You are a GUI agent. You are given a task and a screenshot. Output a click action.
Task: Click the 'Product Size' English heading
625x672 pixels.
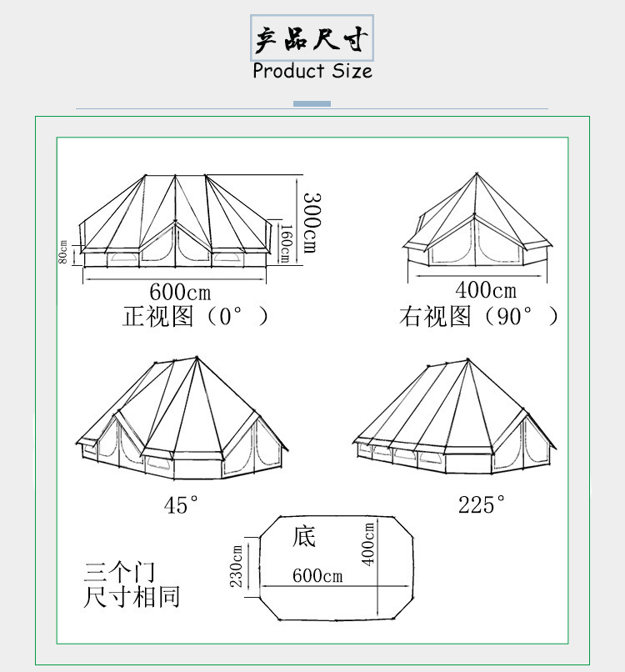[x=312, y=71]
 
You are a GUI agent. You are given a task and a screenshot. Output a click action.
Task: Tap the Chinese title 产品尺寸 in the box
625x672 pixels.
[x=312, y=39]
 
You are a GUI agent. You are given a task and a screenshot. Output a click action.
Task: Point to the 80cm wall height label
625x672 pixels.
[x=63, y=251]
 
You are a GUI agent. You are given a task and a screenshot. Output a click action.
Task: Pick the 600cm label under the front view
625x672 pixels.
[x=180, y=292]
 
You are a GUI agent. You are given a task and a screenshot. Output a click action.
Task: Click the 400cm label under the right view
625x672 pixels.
[x=486, y=290]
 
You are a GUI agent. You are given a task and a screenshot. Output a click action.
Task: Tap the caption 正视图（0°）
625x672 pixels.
[x=197, y=317]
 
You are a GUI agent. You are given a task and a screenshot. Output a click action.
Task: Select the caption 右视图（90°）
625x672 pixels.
[x=479, y=317]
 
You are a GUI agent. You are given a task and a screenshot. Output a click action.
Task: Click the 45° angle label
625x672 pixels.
[x=182, y=504]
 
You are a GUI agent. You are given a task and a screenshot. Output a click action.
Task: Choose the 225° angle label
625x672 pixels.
[x=482, y=504]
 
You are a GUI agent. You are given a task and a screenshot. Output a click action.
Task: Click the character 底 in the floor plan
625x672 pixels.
[x=304, y=536]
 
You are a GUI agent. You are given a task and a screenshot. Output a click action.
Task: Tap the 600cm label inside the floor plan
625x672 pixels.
[x=317, y=576]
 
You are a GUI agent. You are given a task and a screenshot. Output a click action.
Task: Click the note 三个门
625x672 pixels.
[x=119, y=572]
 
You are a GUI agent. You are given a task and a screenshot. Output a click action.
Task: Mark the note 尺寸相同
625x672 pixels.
[x=132, y=597]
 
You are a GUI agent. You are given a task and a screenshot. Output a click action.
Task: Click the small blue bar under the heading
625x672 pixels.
[x=312, y=103]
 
